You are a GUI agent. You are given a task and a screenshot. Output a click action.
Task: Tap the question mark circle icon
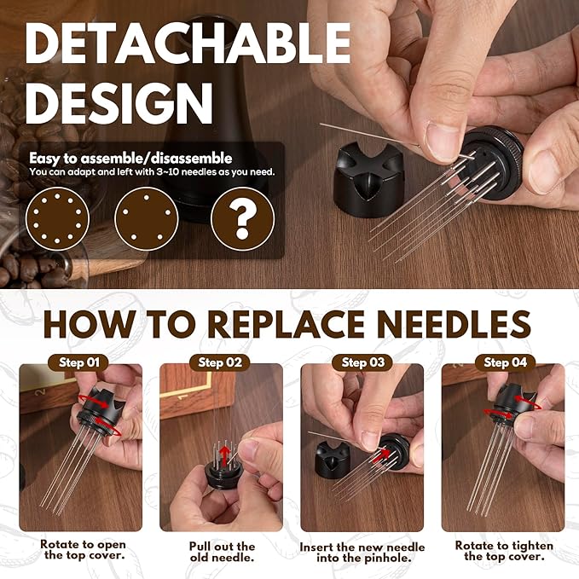242,218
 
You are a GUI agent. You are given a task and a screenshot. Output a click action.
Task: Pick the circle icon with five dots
146,218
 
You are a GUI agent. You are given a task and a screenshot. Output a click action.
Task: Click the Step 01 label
78,362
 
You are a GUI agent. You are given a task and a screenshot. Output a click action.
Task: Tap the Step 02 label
222,362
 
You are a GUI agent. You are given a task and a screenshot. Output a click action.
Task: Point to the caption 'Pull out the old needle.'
222,551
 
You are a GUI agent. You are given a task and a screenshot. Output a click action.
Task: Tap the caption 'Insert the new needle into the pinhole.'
362,551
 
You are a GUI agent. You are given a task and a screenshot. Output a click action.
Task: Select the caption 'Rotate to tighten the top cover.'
503,551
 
